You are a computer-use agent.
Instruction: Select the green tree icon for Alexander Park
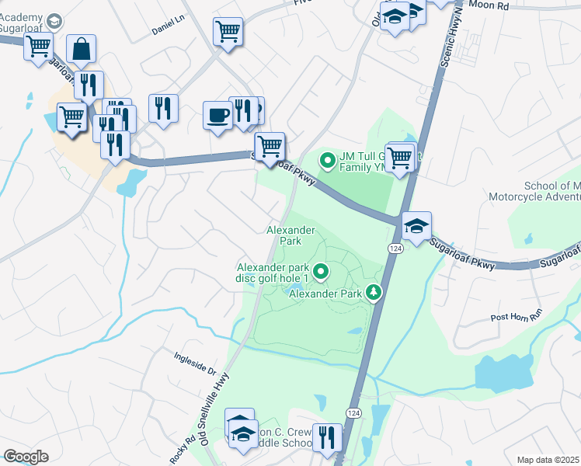[x=375, y=292]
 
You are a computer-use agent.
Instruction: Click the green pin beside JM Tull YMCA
[x=328, y=162]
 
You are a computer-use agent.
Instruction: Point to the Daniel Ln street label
[x=169, y=29]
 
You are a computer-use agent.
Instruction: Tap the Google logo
[x=26, y=457]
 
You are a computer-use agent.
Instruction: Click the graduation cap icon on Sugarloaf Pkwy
[x=416, y=226]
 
